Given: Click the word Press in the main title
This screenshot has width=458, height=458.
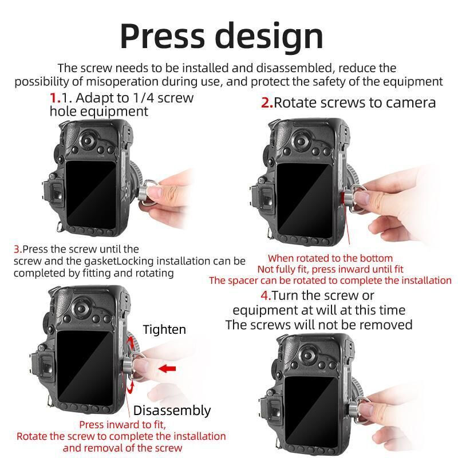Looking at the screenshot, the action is [x=162, y=35].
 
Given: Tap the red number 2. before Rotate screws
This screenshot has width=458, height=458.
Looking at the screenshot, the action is [x=267, y=102].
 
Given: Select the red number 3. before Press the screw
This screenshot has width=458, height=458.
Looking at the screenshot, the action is [x=18, y=249].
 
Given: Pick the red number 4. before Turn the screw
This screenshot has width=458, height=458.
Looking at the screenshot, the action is [x=266, y=295].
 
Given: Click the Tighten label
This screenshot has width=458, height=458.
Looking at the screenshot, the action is [x=164, y=330].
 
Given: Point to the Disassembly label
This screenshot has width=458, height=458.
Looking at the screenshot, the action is [x=172, y=410].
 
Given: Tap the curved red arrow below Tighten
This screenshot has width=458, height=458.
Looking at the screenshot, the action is [x=131, y=342].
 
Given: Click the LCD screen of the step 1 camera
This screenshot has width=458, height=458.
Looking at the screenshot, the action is [x=90, y=193].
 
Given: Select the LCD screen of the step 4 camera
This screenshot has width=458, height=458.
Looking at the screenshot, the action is [x=310, y=408].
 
